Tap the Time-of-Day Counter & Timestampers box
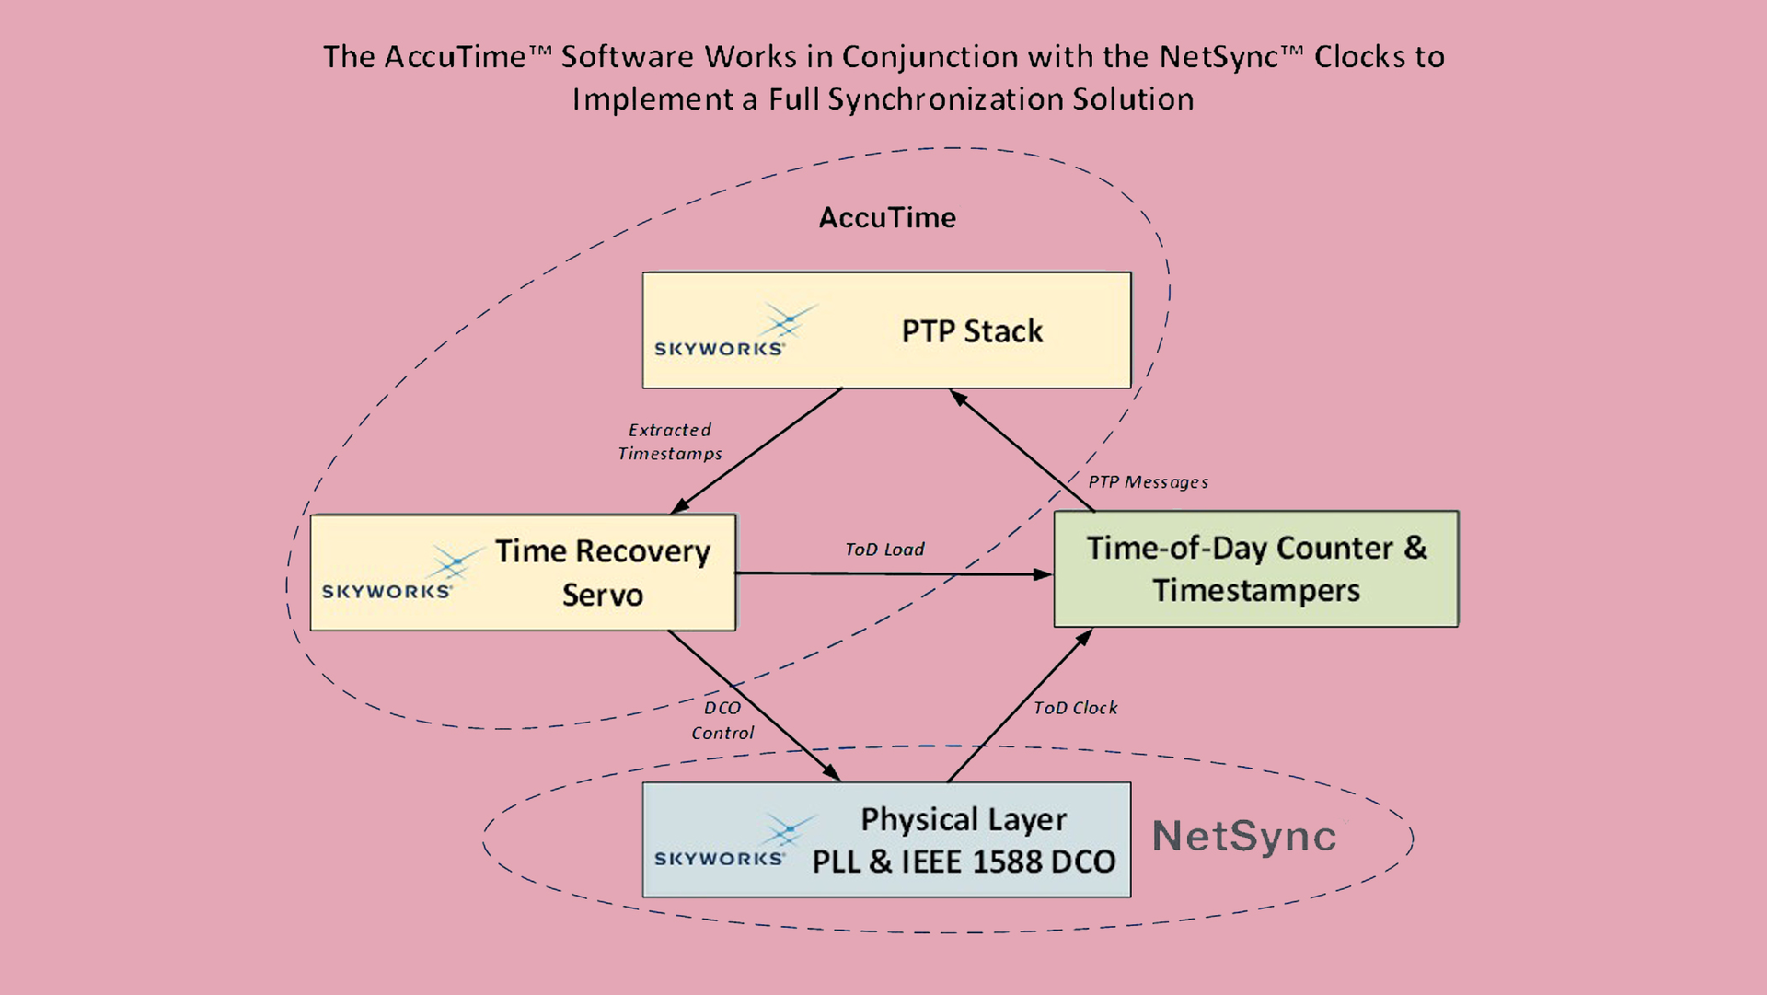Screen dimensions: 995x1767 (1255, 569)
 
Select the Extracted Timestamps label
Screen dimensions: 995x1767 (670, 442)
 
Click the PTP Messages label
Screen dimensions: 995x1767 (1148, 482)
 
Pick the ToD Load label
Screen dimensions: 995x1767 (884, 550)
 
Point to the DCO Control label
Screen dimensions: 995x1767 (722, 721)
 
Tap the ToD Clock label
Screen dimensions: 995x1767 (1075, 708)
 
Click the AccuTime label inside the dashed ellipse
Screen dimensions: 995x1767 (887, 218)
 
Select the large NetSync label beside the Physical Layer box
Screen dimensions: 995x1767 (1244, 837)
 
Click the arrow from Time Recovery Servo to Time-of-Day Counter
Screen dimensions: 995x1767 (893, 574)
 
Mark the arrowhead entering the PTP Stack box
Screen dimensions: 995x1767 (958, 398)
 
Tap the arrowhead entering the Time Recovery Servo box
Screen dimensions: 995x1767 (680, 505)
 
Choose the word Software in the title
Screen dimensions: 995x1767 (627, 57)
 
